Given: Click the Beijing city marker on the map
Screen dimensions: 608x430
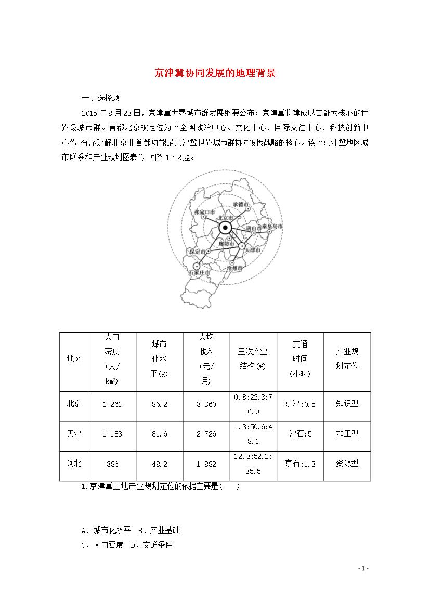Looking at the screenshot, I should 225,228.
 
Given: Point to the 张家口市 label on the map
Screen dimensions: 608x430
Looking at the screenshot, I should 204,212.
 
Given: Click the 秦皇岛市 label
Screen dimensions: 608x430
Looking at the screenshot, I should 272,227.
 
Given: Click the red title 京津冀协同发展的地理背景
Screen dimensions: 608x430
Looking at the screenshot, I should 215,73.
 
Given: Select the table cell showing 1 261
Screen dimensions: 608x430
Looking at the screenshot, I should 112,404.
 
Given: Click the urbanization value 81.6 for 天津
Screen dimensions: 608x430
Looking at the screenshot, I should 159,434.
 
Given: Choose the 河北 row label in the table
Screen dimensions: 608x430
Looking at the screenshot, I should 74,463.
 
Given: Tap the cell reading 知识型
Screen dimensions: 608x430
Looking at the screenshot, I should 347,403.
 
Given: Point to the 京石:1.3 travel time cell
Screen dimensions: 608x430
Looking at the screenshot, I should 300,464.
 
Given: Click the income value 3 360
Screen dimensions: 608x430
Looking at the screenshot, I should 206,404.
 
